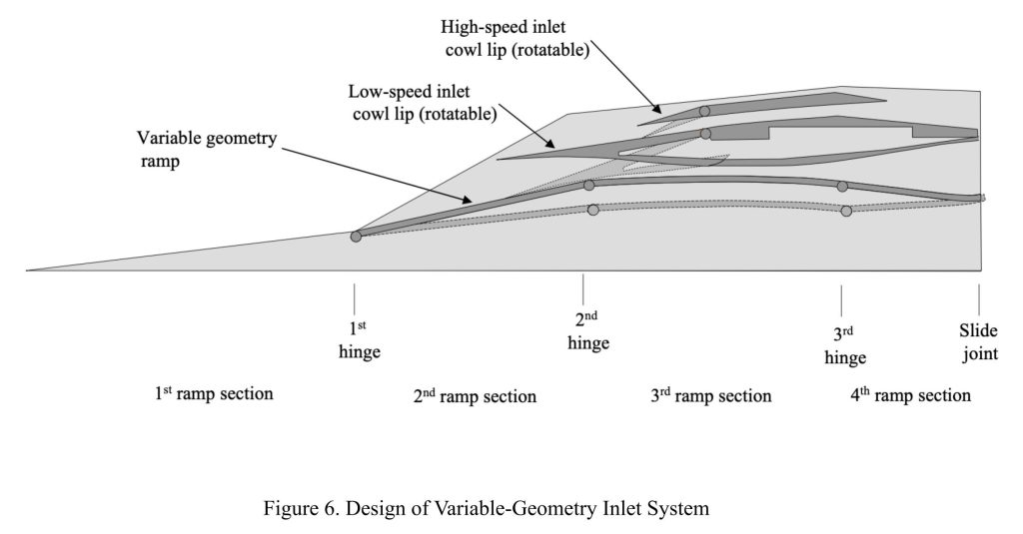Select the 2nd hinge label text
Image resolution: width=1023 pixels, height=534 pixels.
pyautogui.click(x=587, y=330)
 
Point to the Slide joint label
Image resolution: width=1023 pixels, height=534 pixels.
pyautogui.click(x=979, y=341)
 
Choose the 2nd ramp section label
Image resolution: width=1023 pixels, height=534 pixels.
pyautogui.click(x=475, y=396)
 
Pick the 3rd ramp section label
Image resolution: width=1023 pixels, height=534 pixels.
pyautogui.click(x=710, y=395)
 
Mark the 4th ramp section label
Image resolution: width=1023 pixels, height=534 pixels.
pyautogui.click(x=910, y=395)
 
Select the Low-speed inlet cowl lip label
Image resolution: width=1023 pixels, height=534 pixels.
pyautogui.click(x=423, y=102)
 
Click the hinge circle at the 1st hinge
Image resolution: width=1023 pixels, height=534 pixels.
pyautogui.click(x=356, y=237)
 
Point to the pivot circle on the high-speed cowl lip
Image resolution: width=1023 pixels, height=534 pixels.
pyautogui.click(x=704, y=111)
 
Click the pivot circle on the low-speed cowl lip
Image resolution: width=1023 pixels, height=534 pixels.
pyautogui.click(x=705, y=133)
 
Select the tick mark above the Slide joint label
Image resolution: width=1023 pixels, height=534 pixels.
pyautogui.click(x=979, y=297)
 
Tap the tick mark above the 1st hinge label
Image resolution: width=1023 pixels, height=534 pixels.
pyautogui.click(x=355, y=297)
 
